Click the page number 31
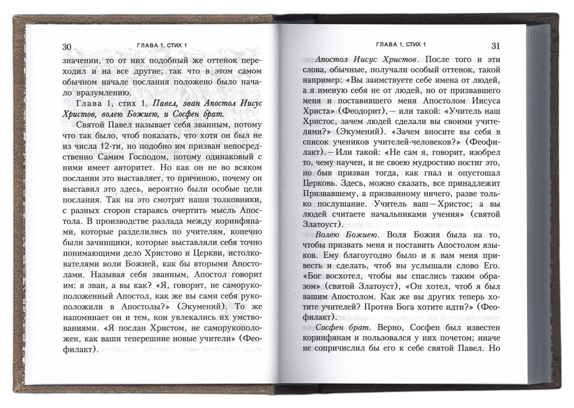click(496, 46)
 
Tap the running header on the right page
click(400, 45)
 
